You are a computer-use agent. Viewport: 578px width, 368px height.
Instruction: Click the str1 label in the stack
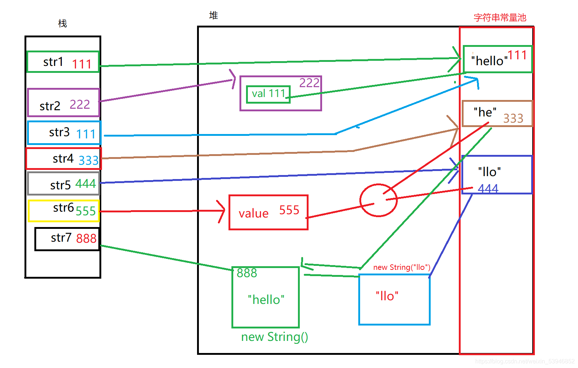tap(53, 62)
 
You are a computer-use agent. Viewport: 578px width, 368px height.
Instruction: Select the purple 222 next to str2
tap(80, 105)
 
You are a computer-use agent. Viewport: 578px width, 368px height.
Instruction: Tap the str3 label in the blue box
tap(59, 132)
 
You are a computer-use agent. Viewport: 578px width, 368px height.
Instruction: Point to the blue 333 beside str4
tap(88, 160)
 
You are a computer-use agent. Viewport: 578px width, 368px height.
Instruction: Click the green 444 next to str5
tap(86, 183)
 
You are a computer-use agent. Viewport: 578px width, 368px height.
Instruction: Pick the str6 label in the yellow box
tap(63, 208)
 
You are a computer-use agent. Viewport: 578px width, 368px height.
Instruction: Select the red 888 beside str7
tap(86, 238)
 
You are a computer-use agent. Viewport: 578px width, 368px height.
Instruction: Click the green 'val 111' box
tap(268, 94)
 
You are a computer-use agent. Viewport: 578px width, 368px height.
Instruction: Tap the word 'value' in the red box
tap(253, 213)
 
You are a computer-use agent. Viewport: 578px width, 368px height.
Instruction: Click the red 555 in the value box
tap(289, 210)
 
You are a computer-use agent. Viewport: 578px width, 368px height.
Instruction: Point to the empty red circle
tap(378, 200)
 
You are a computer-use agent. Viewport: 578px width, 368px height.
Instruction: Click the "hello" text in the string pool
tap(489, 61)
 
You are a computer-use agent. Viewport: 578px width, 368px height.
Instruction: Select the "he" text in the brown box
tap(485, 112)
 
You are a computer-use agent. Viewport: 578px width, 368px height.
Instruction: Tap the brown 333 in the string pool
tap(513, 119)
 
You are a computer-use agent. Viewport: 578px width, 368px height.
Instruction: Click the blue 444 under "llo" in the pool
tap(488, 189)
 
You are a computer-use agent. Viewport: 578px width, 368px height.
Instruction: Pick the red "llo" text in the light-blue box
tap(387, 296)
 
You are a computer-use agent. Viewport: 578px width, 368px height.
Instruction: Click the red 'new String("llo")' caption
tap(401, 267)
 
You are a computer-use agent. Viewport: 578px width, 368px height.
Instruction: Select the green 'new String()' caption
tap(275, 337)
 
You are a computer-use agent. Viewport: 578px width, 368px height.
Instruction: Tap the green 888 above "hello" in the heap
tap(247, 273)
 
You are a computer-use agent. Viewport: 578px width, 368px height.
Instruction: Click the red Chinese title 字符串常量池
tap(500, 18)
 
